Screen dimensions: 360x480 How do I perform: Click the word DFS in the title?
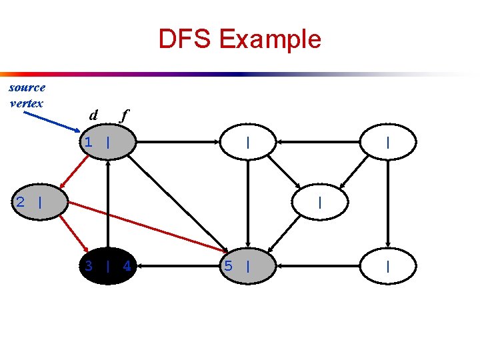[185, 39]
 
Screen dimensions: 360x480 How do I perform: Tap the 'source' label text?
[27, 87]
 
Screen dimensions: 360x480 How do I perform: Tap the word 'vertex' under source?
[27, 103]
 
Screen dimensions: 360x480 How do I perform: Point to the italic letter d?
[94, 115]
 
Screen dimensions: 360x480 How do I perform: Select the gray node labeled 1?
[108, 142]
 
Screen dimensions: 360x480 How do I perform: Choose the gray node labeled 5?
[248, 267]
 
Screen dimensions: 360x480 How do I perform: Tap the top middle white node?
[248, 142]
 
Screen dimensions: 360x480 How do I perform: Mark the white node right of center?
[321, 202]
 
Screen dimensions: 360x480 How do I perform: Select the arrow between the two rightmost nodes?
[388, 204]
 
